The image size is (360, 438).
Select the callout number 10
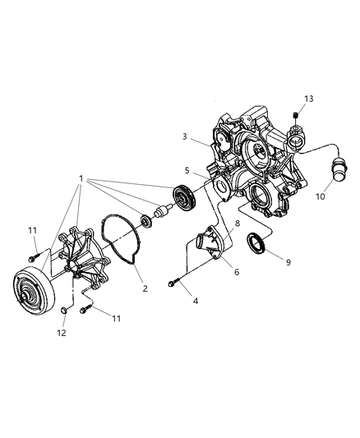(x=321, y=196)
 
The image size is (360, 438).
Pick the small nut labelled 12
(x=64, y=311)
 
